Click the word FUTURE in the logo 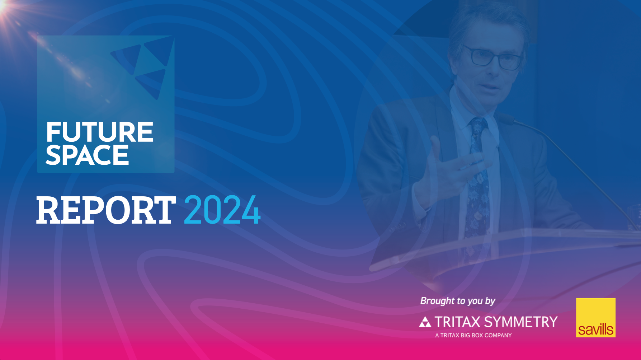100,132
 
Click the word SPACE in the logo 87,155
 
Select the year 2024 222,210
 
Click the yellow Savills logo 596,318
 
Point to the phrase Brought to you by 458,301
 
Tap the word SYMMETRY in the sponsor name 521,322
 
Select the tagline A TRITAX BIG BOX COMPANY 473,335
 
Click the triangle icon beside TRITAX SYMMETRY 425,322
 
